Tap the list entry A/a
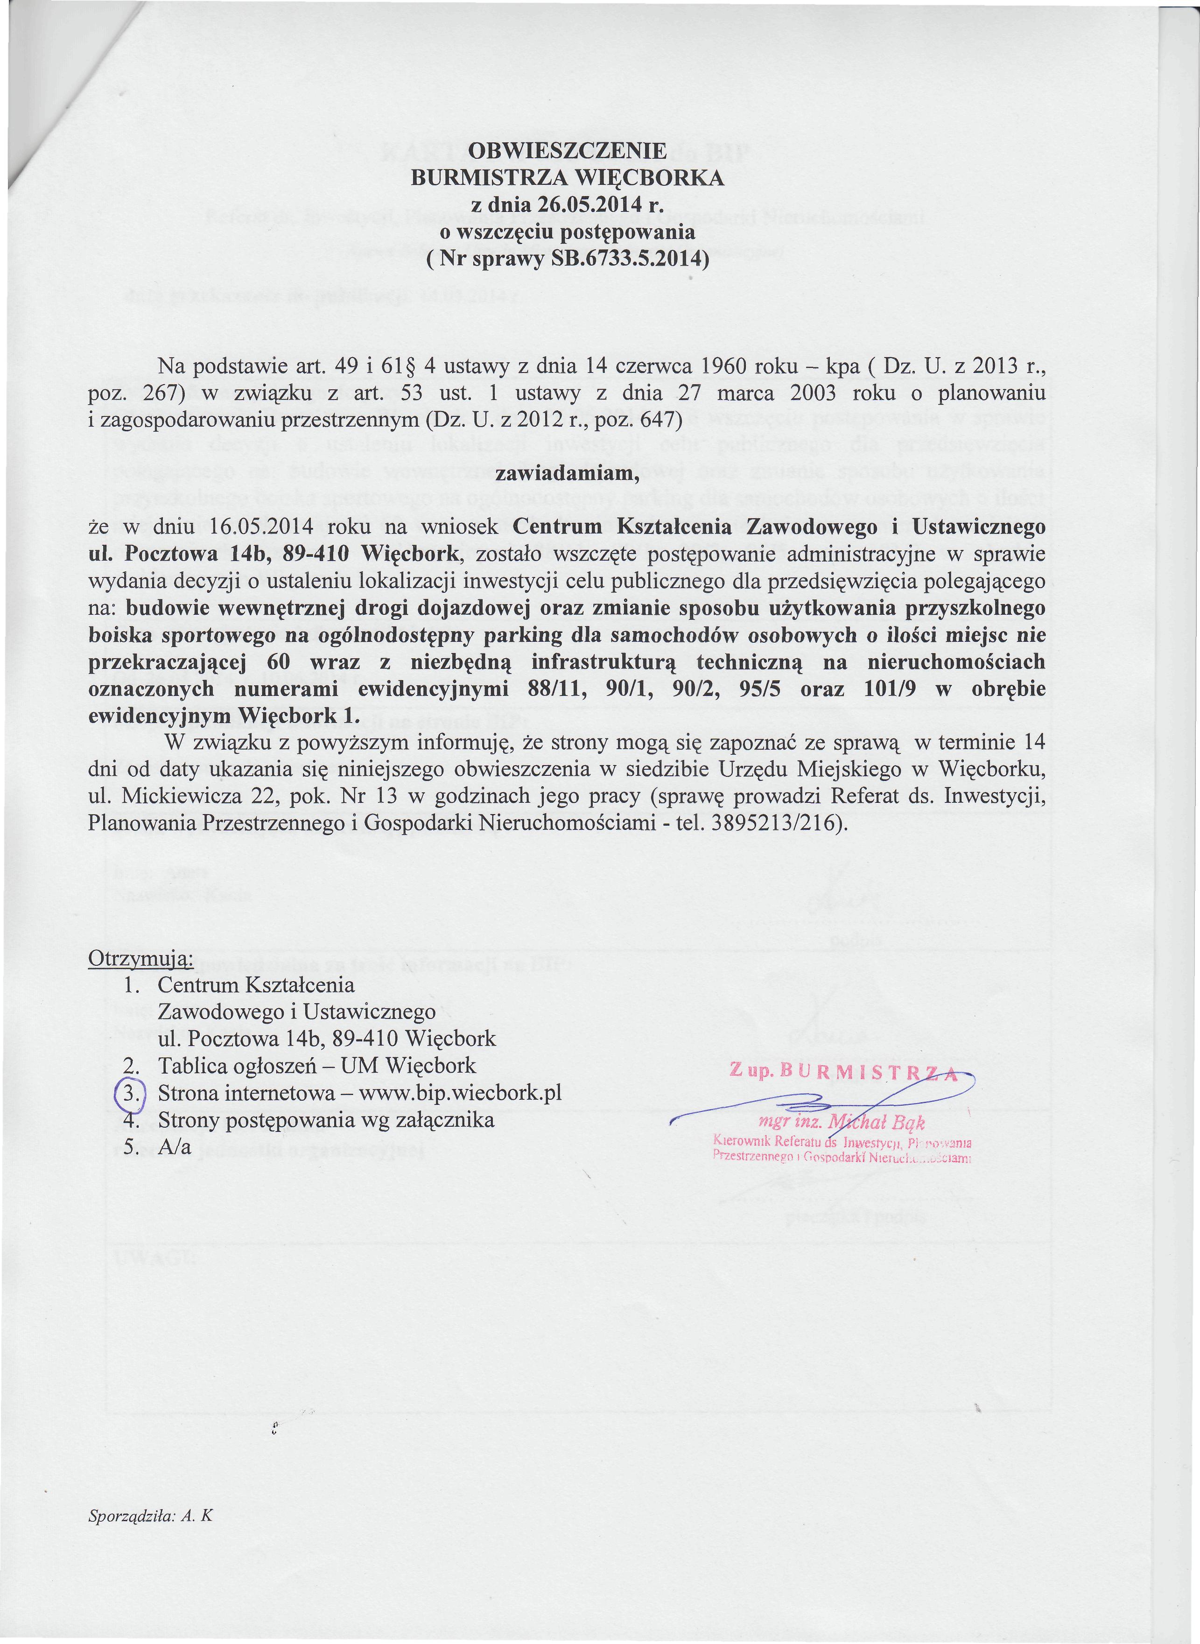(x=175, y=1147)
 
